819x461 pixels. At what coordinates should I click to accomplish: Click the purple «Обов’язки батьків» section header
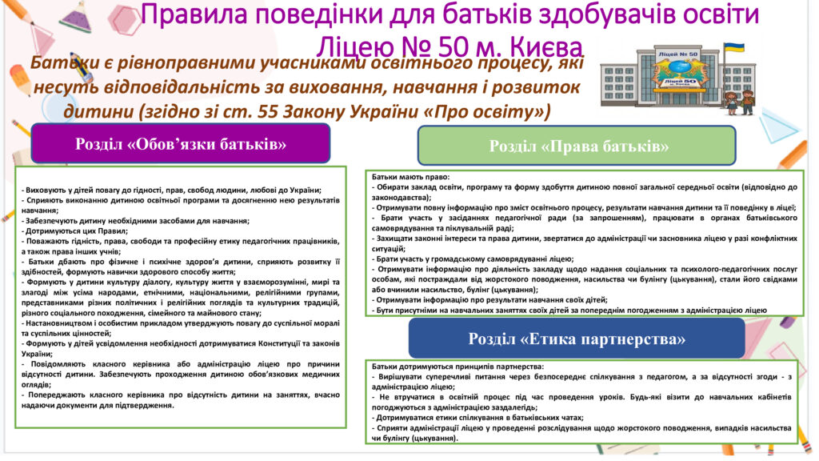[181, 144]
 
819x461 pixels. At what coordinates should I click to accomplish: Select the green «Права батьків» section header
[577, 146]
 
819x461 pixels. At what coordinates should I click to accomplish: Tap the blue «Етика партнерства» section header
[577, 339]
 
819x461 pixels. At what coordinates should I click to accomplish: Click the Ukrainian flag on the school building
[734, 47]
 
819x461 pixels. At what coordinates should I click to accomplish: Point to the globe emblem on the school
[678, 68]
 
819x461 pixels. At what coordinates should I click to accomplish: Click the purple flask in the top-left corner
[76, 17]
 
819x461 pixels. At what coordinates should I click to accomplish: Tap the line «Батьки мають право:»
[410, 177]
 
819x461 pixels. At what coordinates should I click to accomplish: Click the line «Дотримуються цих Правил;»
[74, 231]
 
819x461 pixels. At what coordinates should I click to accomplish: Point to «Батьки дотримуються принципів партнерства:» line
[457, 367]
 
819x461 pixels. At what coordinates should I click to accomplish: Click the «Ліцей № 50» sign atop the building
[678, 54]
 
